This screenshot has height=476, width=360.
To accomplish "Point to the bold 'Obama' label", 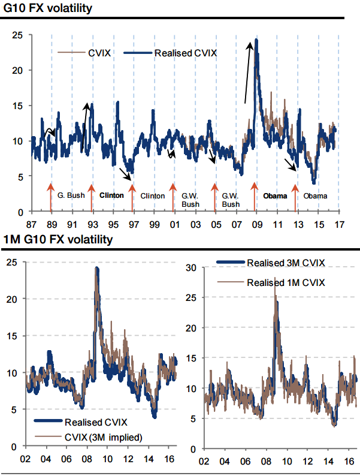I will coord(276,195).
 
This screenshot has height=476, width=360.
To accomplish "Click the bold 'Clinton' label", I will coord(111,195).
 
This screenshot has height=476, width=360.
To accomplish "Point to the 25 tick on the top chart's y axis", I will coord(18,35).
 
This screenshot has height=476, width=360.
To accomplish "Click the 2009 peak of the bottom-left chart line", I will coord(96,268).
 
